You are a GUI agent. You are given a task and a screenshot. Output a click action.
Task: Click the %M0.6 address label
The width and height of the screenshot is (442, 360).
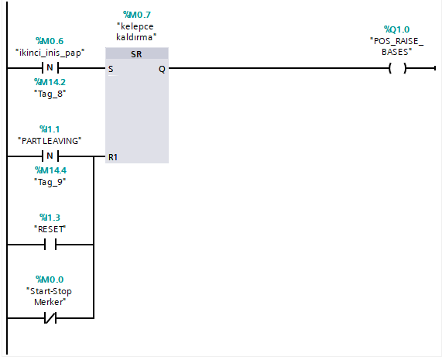point(50,41)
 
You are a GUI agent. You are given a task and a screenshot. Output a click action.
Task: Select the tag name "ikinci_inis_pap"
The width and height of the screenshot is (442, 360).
point(50,52)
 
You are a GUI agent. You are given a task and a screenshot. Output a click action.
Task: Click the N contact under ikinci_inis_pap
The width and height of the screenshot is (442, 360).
point(50,68)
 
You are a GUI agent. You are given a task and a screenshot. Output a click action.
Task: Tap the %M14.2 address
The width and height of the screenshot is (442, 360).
point(50,81)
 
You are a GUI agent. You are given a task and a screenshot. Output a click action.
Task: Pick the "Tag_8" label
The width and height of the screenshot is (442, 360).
point(50,92)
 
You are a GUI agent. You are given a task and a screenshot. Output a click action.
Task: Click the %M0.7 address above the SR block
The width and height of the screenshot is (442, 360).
point(136,15)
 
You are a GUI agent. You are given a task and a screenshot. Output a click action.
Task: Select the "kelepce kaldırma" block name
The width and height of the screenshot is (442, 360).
point(136,32)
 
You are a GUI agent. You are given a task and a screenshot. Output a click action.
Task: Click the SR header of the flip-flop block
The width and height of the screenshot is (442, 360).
point(136,54)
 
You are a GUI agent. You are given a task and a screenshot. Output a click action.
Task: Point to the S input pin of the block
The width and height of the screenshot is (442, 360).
point(111,69)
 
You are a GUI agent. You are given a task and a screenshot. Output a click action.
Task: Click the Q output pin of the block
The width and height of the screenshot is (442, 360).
point(161,69)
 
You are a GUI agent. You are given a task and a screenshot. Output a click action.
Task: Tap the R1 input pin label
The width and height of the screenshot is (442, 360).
point(113,157)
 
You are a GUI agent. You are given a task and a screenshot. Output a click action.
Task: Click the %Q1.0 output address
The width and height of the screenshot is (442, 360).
point(396,29)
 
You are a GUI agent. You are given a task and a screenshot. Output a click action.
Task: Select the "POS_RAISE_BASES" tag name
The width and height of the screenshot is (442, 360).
point(396,46)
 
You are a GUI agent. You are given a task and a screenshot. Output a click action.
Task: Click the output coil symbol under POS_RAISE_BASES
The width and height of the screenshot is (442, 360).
point(396,68)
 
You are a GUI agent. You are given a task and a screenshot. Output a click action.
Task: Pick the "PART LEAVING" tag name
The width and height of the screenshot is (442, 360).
point(50,140)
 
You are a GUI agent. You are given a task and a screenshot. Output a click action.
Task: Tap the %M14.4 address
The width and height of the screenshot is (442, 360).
point(50,170)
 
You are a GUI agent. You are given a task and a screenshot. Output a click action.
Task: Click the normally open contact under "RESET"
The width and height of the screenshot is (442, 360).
point(50,245)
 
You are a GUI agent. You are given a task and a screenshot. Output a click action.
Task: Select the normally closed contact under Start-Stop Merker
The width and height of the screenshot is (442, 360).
point(50,318)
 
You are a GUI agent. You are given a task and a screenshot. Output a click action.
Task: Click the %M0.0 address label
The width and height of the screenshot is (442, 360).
point(50,279)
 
